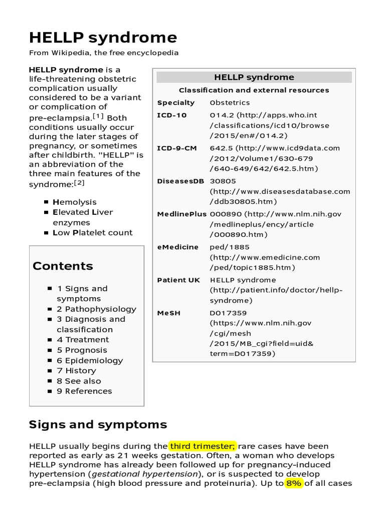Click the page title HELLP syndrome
(103, 38)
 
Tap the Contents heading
(63, 266)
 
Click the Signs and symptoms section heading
(98, 425)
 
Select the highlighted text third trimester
(203, 446)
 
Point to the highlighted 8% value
(294, 483)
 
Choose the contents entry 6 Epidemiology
(90, 360)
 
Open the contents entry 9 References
(84, 391)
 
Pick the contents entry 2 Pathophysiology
(96, 309)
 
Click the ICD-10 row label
(172, 115)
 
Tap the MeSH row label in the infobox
(168, 313)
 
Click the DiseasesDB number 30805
(223, 181)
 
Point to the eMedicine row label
(177, 247)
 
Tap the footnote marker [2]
(79, 183)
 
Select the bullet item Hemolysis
(75, 202)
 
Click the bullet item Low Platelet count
(93, 232)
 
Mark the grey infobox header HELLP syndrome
(254, 77)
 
